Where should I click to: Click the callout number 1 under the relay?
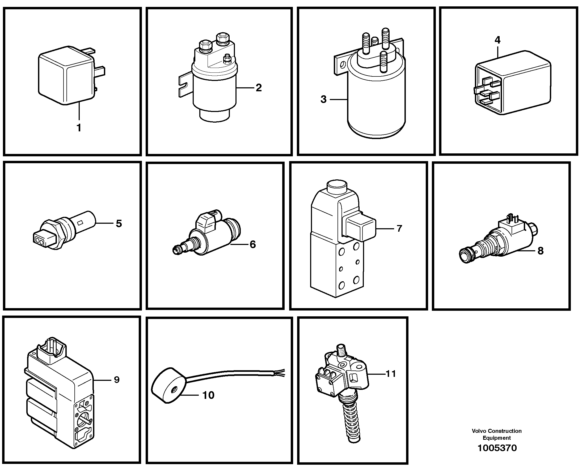tap(79, 128)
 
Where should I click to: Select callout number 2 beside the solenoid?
tap(259, 88)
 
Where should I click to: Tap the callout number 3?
tap(323, 99)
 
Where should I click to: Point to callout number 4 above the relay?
tap(497, 40)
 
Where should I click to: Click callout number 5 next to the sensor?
tap(119, 223)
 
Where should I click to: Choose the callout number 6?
tap(252, 244)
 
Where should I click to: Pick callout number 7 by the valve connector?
tap(399, 228)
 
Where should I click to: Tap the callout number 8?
tap(540, 251)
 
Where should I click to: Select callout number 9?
tap(117, 380)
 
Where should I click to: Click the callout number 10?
tap(208, 395)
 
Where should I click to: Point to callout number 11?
tap(391, 374)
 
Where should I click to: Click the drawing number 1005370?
tap(497, 448)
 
